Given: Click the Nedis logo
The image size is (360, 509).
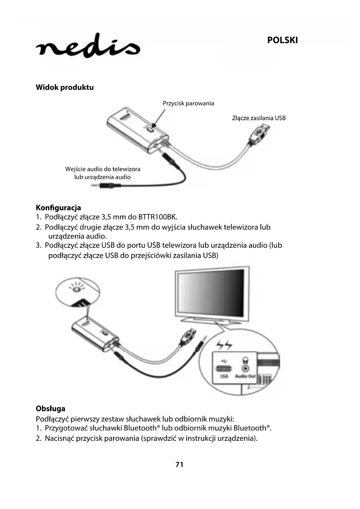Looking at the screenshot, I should (88, 47).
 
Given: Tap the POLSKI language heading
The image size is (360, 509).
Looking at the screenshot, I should (282, 40).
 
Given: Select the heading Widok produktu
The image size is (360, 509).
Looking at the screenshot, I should (65, 87).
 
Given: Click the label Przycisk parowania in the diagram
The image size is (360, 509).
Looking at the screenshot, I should (188, 103).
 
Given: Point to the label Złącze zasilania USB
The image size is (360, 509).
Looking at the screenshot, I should (259, 118).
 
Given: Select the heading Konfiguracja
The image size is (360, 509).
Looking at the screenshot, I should (58, 208).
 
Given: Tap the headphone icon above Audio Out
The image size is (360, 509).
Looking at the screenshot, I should (245, 360).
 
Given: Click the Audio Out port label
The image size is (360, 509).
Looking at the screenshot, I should (245, 376).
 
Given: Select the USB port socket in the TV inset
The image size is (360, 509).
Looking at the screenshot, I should (224, 369).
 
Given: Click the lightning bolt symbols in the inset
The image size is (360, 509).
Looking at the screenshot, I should (224, 345).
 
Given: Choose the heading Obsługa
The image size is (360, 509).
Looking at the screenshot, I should (50, 409).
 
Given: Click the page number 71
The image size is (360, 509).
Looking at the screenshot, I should (180, 465).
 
